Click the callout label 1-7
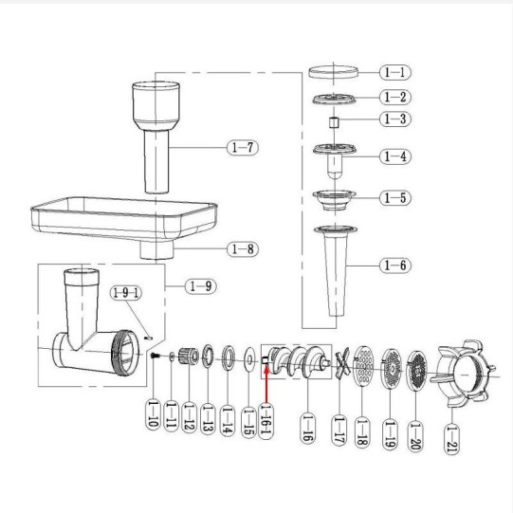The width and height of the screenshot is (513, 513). click(x=243, y=148)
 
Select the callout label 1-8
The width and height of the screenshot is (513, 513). click(x=243, y=249)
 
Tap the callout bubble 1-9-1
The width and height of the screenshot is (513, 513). click(x=126, y=292)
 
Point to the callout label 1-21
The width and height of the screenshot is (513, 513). click(x=451, y=438)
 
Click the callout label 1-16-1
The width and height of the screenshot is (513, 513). click(x=266, y=421)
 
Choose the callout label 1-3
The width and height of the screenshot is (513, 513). click(x=395, y=119)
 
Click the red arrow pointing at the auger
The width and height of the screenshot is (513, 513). click(x=266, y=385)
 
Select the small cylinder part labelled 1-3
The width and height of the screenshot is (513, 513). click(x=334, y=122)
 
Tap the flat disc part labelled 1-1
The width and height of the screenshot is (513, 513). click(x=334, y=72)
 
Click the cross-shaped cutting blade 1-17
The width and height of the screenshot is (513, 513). click(x=342, y=363)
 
